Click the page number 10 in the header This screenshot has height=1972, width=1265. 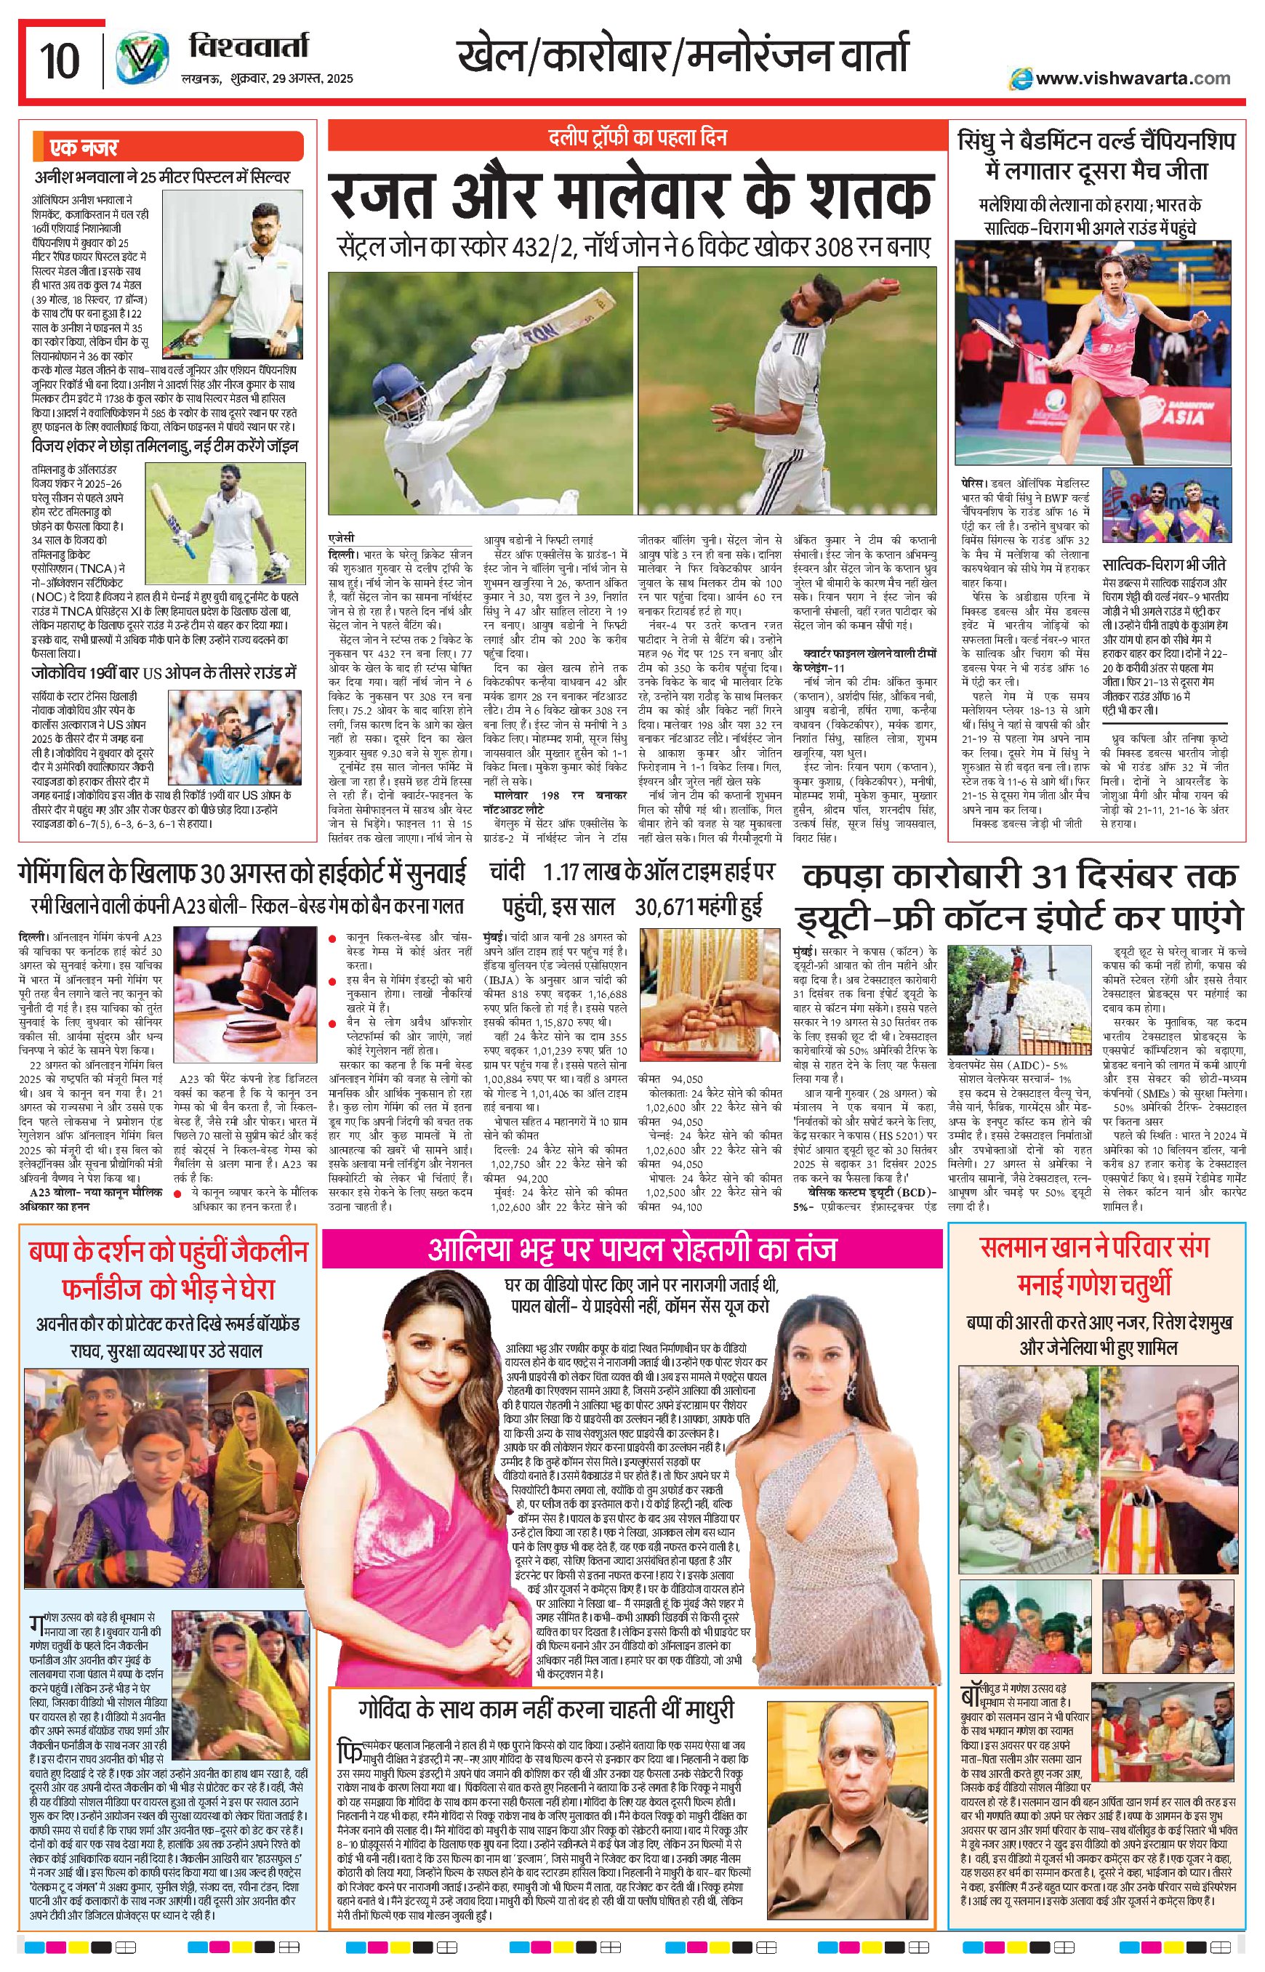point(59,59)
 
